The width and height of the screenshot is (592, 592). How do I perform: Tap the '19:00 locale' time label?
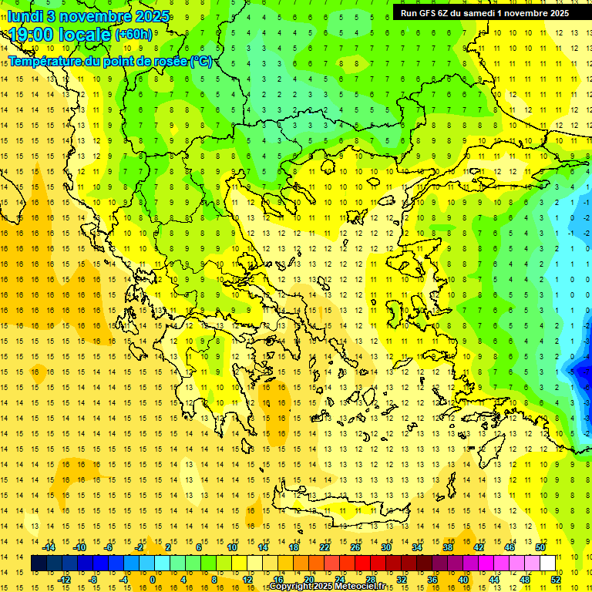[x=60, y=35]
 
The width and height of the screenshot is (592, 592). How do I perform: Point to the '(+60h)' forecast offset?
[x=133, y=35]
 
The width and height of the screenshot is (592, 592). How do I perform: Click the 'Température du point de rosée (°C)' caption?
[x=109, y=61]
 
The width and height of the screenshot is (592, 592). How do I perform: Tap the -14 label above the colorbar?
[x=49, y=547]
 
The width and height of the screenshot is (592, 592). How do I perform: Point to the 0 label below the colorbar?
[x=153, y=579]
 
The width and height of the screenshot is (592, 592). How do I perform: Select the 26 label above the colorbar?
[x=355, y=547]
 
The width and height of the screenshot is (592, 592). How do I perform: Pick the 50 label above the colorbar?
[x=540, y=547]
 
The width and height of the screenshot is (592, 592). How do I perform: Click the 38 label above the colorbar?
[x=447, y=547]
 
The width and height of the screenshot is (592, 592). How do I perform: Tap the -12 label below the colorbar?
[x=64, y=579]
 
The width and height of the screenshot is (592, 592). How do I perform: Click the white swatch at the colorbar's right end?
[x=547, y=563]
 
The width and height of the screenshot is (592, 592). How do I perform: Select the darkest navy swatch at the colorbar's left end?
[x=39, y=563]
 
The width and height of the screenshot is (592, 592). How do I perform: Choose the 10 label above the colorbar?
[x=232, y=547]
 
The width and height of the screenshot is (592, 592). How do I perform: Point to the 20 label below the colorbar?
[x=309, y=579]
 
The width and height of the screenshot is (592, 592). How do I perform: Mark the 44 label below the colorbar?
[x=493, y=579]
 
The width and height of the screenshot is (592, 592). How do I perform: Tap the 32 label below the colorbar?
[x=402, y=579]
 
